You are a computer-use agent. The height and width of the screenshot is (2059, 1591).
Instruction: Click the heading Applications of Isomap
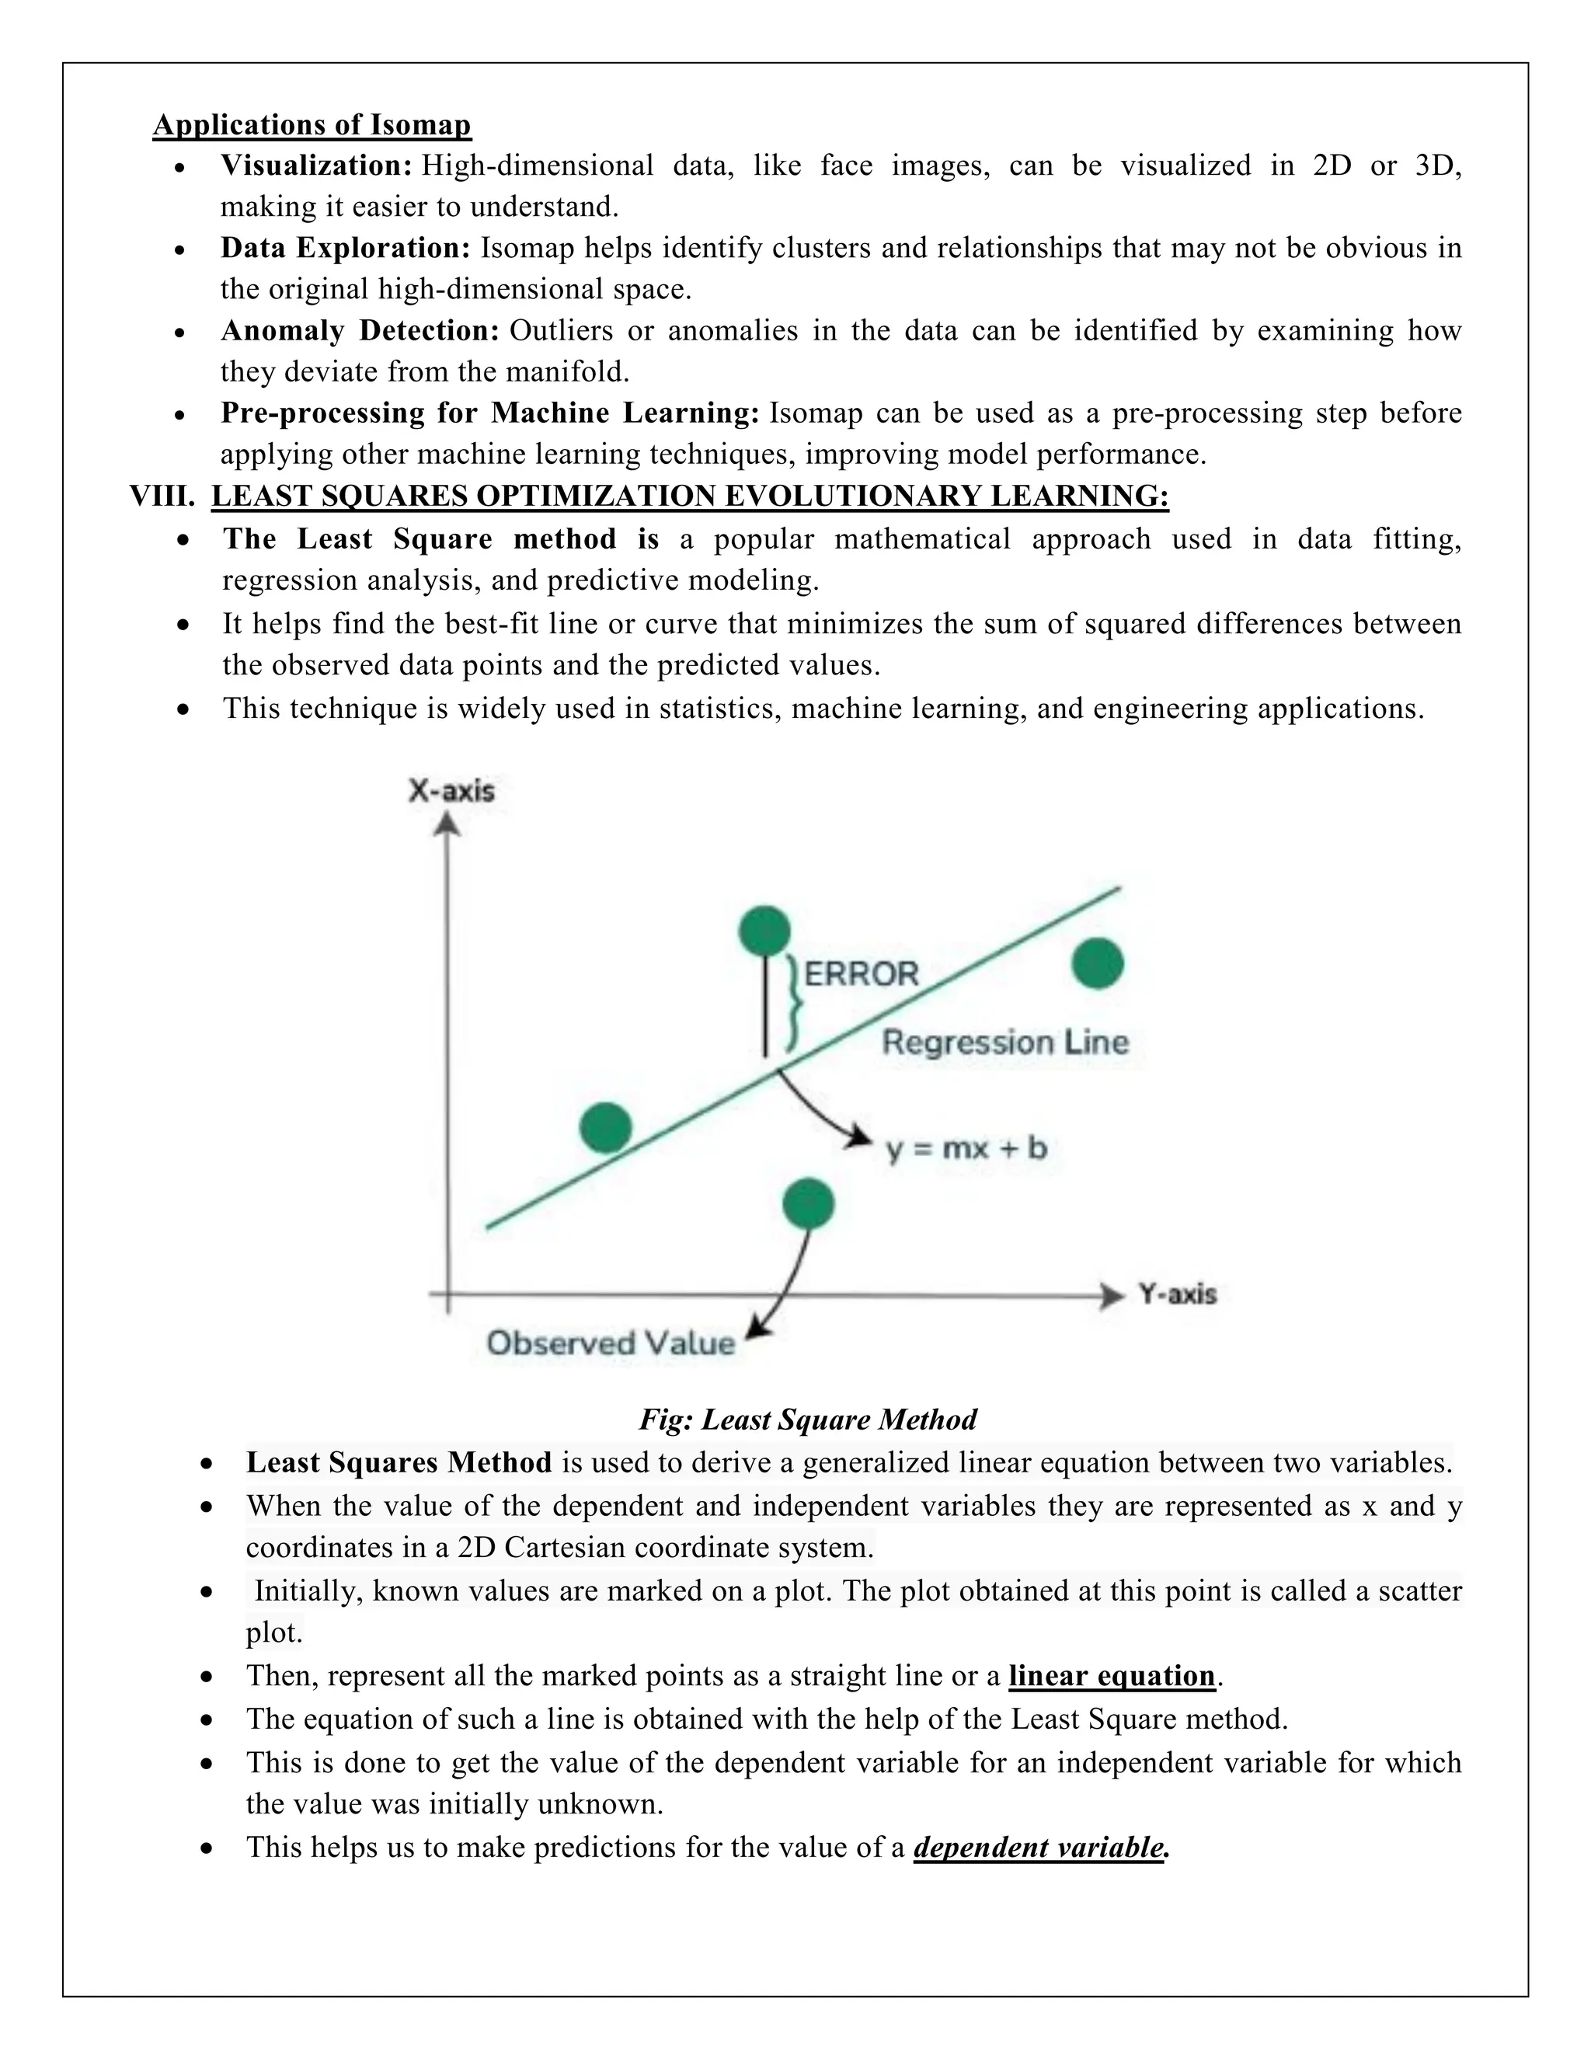coord(312,124)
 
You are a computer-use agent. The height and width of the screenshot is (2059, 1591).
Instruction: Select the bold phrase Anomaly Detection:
coord(359,331)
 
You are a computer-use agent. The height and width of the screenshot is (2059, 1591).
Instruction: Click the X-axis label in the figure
coord(451,790)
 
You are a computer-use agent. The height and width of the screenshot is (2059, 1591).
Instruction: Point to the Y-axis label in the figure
coord(1177,1294)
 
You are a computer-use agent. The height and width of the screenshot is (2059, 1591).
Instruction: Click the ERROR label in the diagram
coord(861,973)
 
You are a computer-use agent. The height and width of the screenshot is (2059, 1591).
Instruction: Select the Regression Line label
coord(1004,1042)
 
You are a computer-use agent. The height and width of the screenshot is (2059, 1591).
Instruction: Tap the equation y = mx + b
coord(966,1148)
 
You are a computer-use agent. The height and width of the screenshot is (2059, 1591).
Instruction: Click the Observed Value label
coord(610,1343)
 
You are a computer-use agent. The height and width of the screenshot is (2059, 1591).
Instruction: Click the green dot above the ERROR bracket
coord(764,932)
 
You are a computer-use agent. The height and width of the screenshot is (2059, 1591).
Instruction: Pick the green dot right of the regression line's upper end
coord(1098,963)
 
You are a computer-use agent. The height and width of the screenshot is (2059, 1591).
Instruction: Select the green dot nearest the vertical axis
coord(605,1127)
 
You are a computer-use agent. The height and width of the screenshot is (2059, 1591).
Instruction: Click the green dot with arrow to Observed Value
coord(809,1203)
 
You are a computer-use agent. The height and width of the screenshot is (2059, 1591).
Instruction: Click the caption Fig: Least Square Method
coord(808,1419)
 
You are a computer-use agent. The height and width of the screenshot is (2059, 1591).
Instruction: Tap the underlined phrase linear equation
coord(1111,1675)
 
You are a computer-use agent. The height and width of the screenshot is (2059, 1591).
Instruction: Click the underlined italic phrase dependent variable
coord(1039,1847)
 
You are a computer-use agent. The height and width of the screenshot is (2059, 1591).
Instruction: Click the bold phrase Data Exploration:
coord(345,248)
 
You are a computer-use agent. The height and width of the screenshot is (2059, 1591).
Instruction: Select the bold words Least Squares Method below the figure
coord(399,1462)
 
